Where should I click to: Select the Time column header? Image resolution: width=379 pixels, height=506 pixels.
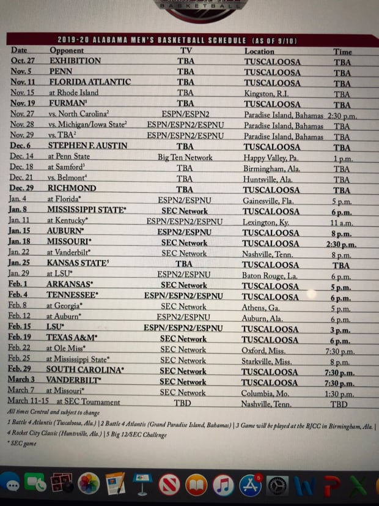(x=342, y=51)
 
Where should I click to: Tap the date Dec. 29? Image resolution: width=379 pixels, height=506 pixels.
(x=26, y=188)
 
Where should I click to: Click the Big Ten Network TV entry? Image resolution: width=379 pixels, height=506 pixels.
(x=185, y=157)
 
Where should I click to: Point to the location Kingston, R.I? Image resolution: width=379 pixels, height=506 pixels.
(x=268, y=93)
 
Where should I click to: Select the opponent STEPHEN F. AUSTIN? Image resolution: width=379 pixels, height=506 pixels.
(x=87, y=146)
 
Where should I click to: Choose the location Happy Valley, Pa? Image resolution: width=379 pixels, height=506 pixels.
(x=271, y=157)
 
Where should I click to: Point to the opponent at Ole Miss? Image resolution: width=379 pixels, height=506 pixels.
(x=66, y=349)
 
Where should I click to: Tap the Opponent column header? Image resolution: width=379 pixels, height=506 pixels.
(x=67, y=51)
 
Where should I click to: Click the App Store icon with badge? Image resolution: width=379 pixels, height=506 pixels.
(x=251, y=485)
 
